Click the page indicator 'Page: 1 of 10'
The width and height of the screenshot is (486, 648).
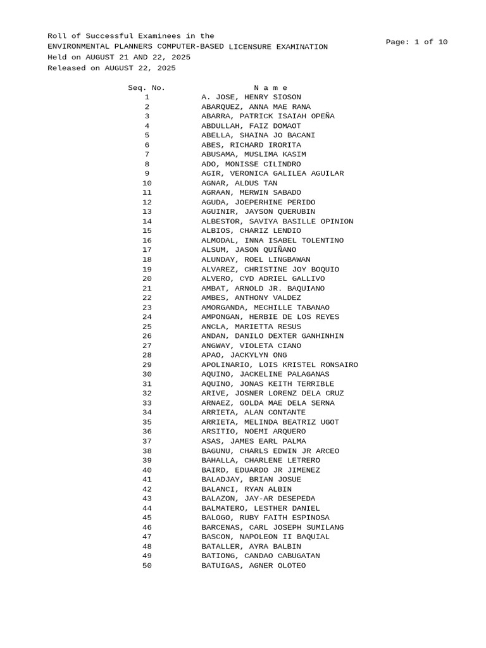[416, 42]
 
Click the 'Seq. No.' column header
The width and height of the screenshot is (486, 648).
[146, 87]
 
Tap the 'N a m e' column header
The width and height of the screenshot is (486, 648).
[270, 87]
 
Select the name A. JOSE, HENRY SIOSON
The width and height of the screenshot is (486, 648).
[251, 97]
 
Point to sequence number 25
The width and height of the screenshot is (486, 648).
[147, 327]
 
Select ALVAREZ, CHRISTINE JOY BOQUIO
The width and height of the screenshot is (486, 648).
[270, 270]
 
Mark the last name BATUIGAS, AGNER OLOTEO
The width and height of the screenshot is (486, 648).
[254, 566]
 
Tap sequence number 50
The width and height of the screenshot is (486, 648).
[147, 566]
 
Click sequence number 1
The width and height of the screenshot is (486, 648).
[147, 97]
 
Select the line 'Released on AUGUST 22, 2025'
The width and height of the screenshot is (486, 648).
[112, 68]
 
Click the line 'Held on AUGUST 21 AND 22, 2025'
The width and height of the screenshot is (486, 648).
[119, 57]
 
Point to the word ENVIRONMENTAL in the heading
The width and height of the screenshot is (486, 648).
[78, 47]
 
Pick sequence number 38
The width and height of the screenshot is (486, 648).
[147, 451]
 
